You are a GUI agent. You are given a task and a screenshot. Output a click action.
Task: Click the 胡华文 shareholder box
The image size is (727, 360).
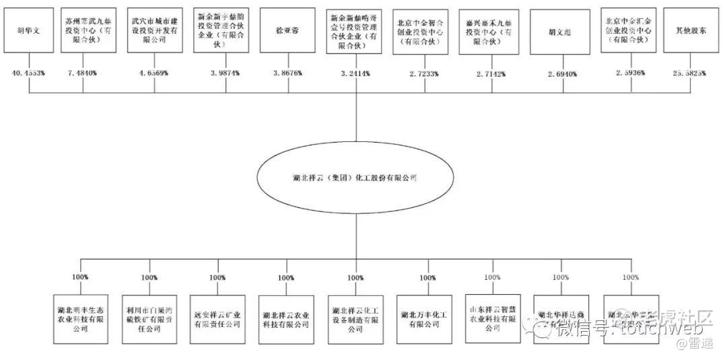click(29, 31)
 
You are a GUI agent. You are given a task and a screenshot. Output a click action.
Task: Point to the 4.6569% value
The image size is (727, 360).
click(153, 73)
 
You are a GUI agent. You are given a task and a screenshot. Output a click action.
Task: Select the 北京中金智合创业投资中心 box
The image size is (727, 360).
click(421, 31)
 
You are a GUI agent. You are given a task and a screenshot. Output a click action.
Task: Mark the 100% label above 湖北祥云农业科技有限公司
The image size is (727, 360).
click(286, 277)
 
